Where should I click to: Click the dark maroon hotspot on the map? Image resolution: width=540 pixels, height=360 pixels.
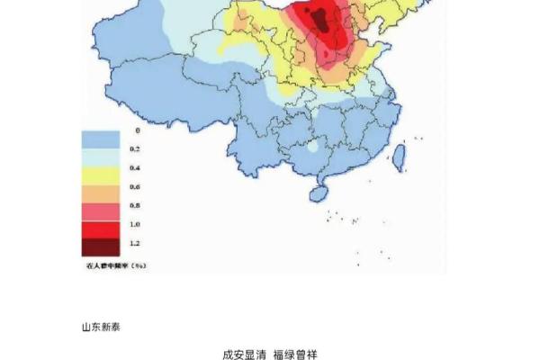[x=317, y=16]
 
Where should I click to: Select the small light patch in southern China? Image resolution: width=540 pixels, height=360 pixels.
[x=312, y=146]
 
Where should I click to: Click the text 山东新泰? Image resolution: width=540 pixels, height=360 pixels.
[x=101, y=327]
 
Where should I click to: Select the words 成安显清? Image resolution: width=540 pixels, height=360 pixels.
[x=243, y=354]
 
